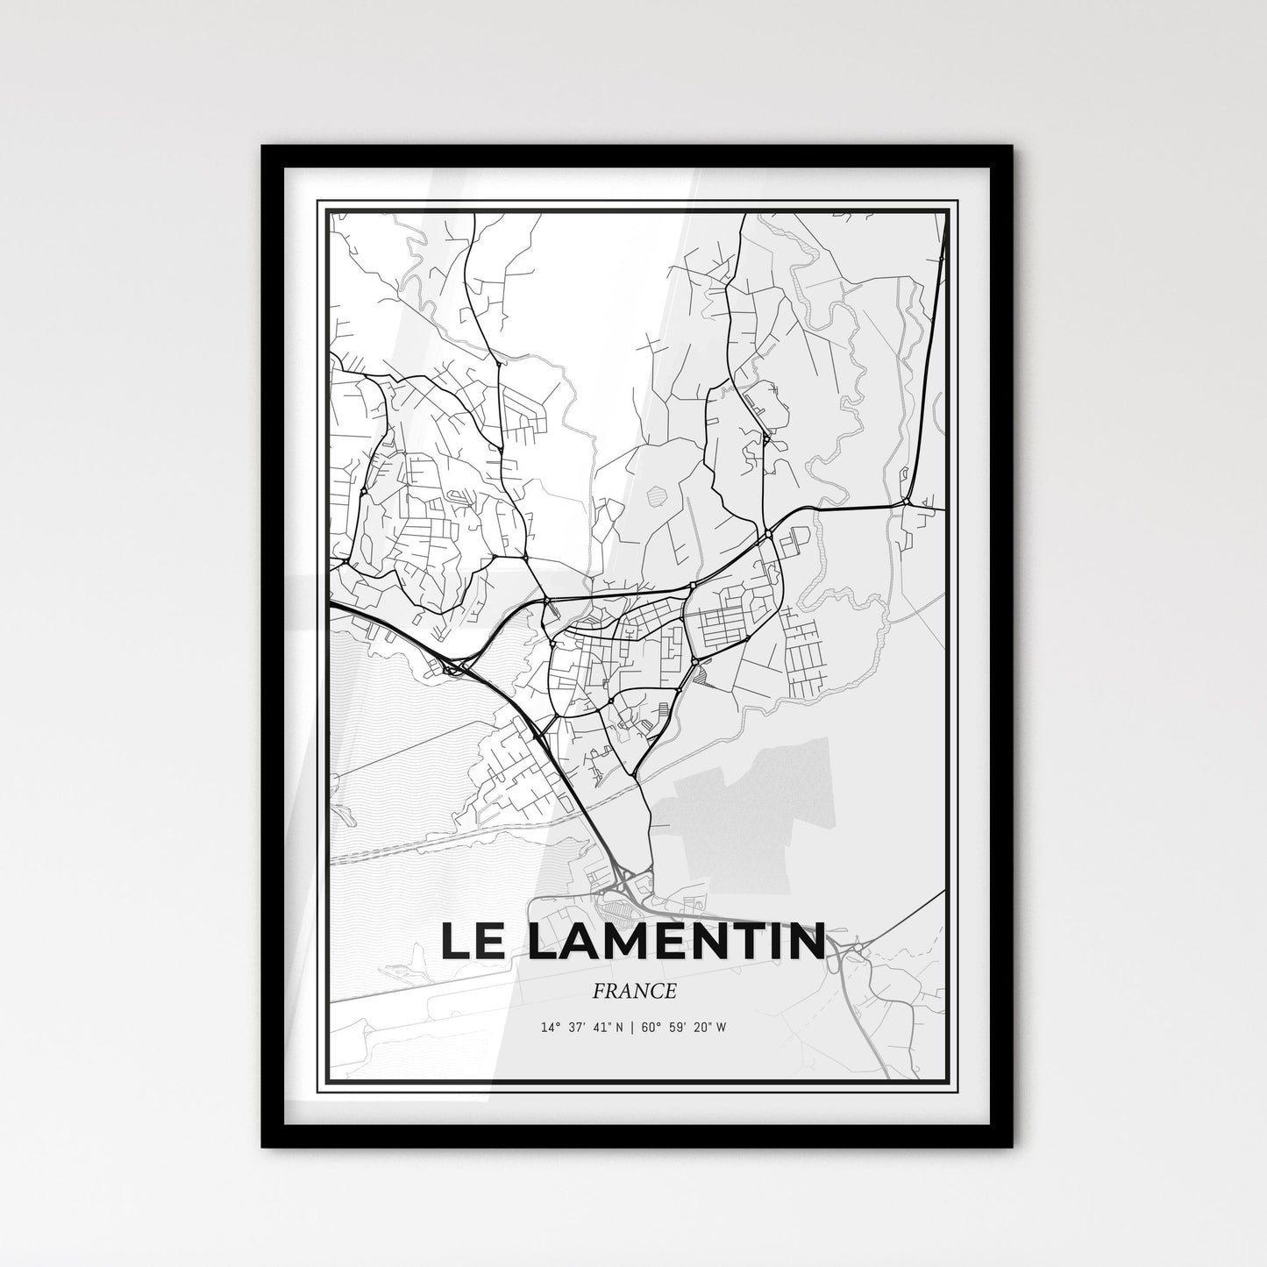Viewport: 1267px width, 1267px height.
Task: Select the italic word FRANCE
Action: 634,992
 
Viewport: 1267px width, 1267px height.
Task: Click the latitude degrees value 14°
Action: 550,1028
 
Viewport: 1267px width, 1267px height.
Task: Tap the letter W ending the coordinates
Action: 721,1028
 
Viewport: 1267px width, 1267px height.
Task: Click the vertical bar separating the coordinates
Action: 630,1028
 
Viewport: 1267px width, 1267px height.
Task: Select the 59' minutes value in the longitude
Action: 674,1028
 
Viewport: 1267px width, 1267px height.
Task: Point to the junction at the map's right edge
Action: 908,503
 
